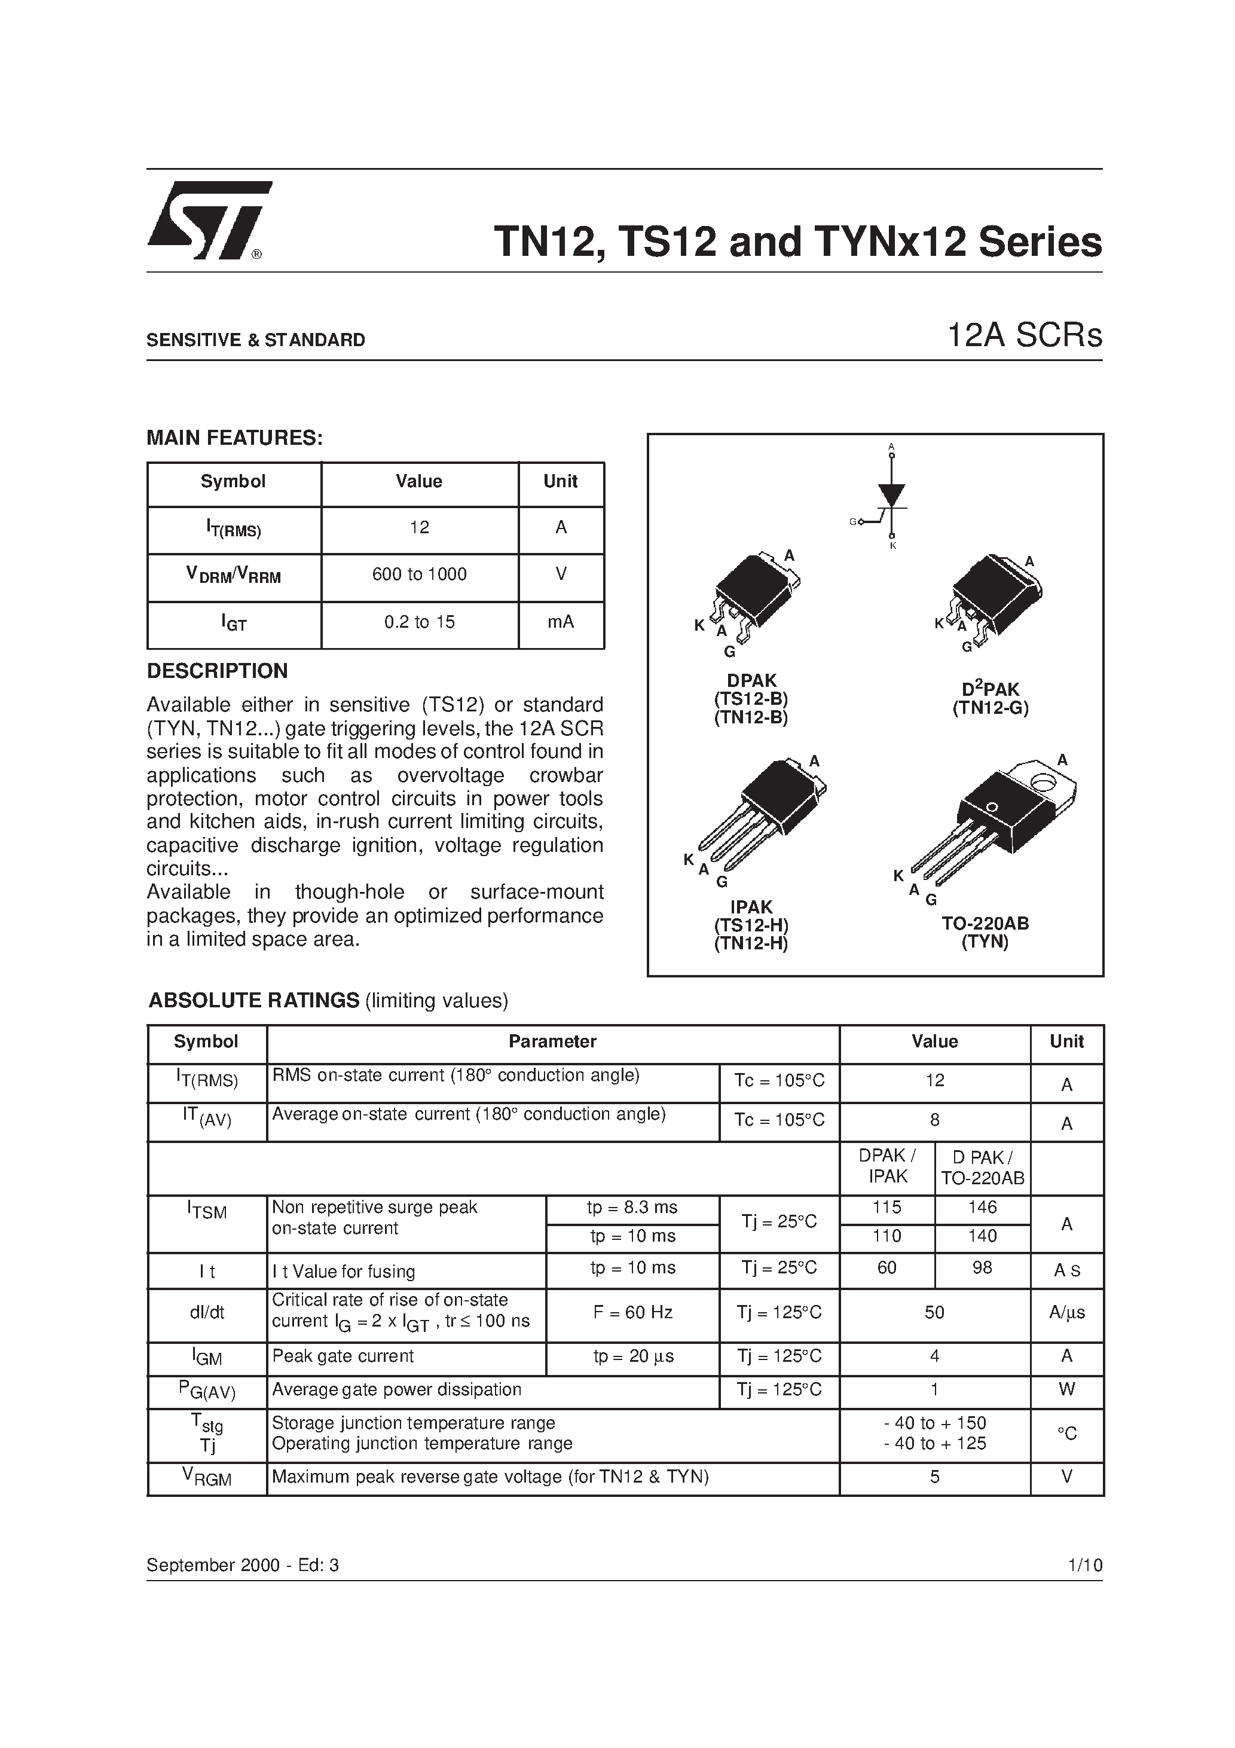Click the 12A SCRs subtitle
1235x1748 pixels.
point(1024,336)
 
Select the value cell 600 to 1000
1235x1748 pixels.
point(420,575)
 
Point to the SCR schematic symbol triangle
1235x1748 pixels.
point(892,494)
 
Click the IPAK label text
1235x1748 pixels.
point(751,907)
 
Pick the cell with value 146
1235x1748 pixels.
point(982,1208)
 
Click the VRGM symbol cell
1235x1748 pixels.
point(206,1478)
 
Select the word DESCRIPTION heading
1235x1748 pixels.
point(217,671)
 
